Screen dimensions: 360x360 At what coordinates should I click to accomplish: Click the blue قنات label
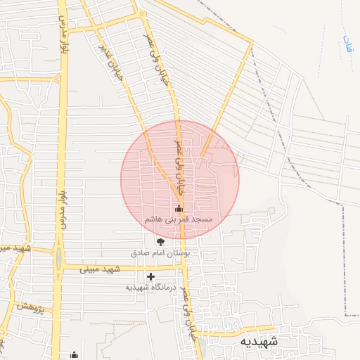347,46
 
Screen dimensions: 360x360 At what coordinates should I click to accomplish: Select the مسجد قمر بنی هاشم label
178,219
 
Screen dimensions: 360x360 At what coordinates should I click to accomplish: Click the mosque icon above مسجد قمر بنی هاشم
179,208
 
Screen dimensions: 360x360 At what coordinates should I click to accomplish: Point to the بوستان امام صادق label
165,252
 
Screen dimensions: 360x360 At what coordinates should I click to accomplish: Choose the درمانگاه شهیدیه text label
153,287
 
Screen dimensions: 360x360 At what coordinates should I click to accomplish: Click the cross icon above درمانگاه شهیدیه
150,276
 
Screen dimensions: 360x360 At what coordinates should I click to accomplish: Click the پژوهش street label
32,307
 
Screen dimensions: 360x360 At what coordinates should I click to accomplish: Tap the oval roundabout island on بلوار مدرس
58,258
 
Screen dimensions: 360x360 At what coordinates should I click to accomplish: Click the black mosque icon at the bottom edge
74,355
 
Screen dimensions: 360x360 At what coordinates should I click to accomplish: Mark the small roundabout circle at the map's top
142,13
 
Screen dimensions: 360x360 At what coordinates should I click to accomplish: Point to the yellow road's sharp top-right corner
251,44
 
